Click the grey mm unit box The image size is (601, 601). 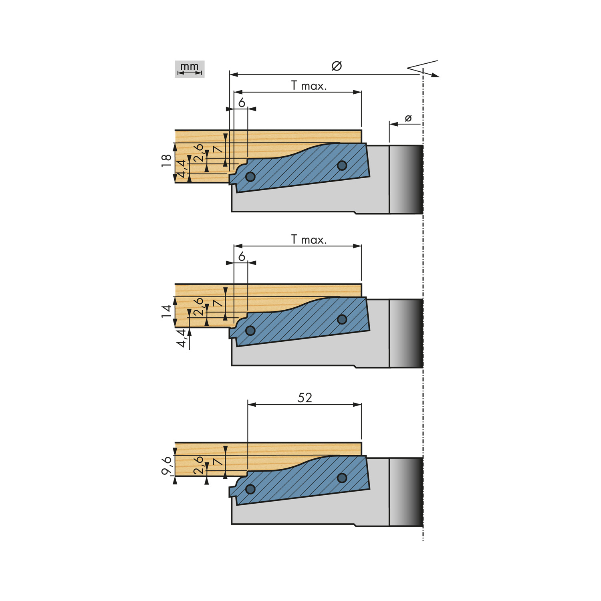[190, 69]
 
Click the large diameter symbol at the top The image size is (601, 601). [337, 66]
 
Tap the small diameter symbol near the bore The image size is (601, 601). [408, 118]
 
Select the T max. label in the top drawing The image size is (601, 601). [309, 85]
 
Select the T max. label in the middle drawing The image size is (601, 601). [309, 240]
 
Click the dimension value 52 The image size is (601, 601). [305, 397]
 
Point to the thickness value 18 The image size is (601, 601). [166, 161]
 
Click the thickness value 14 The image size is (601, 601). [166, 311]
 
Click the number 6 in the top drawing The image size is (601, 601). [242, 103]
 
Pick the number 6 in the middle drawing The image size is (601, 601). [242, 257]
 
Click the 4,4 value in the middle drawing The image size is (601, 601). [182, 338]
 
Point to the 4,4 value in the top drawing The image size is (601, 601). [182, 169]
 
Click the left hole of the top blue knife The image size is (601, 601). [250, 177]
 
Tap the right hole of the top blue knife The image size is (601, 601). [342, 165]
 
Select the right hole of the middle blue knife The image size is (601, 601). [342, 319]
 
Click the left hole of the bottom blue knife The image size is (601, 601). [250, 489]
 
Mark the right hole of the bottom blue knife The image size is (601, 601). [342, 478]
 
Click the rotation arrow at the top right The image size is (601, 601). [423, 68]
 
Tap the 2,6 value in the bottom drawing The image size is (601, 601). [199, 465]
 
